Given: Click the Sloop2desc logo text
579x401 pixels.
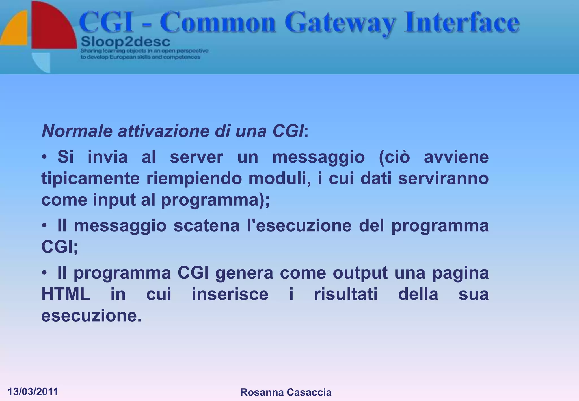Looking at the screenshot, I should click(126, 42).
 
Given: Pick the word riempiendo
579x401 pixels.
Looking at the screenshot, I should click(194, 179).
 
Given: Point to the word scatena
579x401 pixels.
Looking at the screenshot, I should click(206, 226).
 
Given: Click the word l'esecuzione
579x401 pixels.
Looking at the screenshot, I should click(299, 226).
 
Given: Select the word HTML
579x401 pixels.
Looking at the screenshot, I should click(66, 294).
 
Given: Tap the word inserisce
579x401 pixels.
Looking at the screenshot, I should click(230, 294).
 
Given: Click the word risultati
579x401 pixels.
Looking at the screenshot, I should click(346, 294).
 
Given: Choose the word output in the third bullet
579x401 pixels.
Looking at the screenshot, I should click(360, 273).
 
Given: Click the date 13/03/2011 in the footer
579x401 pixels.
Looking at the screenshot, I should click(33, 392).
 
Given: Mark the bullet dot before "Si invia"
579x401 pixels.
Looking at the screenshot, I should click(44, 157).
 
